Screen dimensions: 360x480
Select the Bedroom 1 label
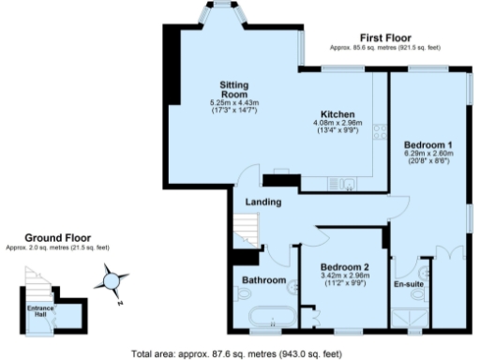click(x=427, y=145)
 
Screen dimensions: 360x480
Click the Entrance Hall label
click(x=40, y=310)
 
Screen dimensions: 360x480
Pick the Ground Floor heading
click(x=56, y=238)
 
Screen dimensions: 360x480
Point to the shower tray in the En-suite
click(x=408, y=321)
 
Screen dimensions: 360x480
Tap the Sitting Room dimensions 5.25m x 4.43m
click(x=233, y=107)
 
